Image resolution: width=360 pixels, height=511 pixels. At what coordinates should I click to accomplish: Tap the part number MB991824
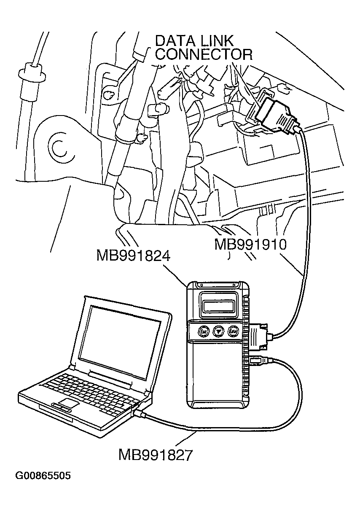coord(133,255)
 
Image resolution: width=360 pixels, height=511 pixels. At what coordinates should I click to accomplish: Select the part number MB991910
coord(250,245)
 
